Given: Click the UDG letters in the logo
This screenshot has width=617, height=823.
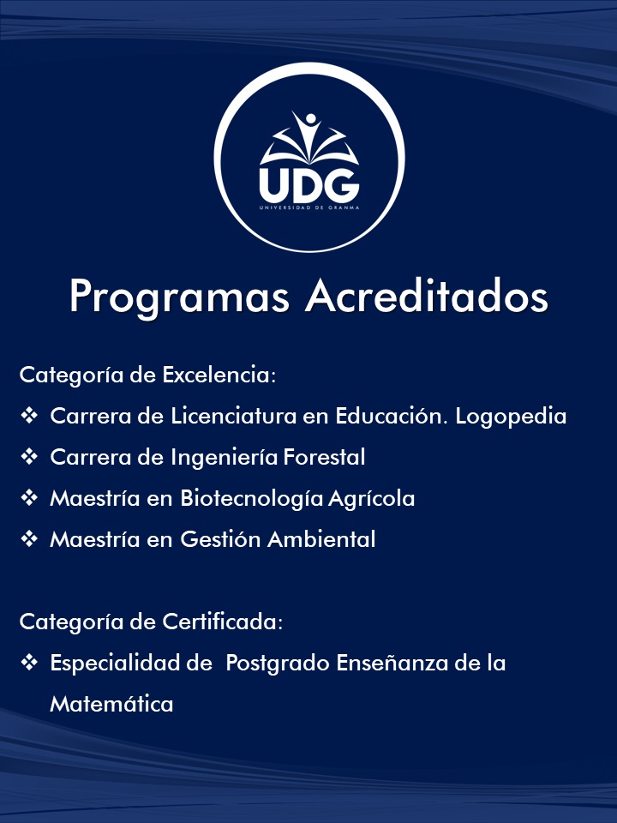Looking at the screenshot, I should point(308,182).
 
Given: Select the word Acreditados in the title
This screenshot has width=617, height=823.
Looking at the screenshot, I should point(427,296).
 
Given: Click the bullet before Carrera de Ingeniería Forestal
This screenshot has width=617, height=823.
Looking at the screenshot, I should point(29,457).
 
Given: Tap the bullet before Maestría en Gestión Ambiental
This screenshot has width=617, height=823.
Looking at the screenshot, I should point(29,539).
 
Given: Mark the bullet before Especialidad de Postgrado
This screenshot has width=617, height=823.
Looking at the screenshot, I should point(29,663).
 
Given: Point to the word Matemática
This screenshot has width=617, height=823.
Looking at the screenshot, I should point(111,704).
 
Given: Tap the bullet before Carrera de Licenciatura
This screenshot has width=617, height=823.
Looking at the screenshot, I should point(29,416).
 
